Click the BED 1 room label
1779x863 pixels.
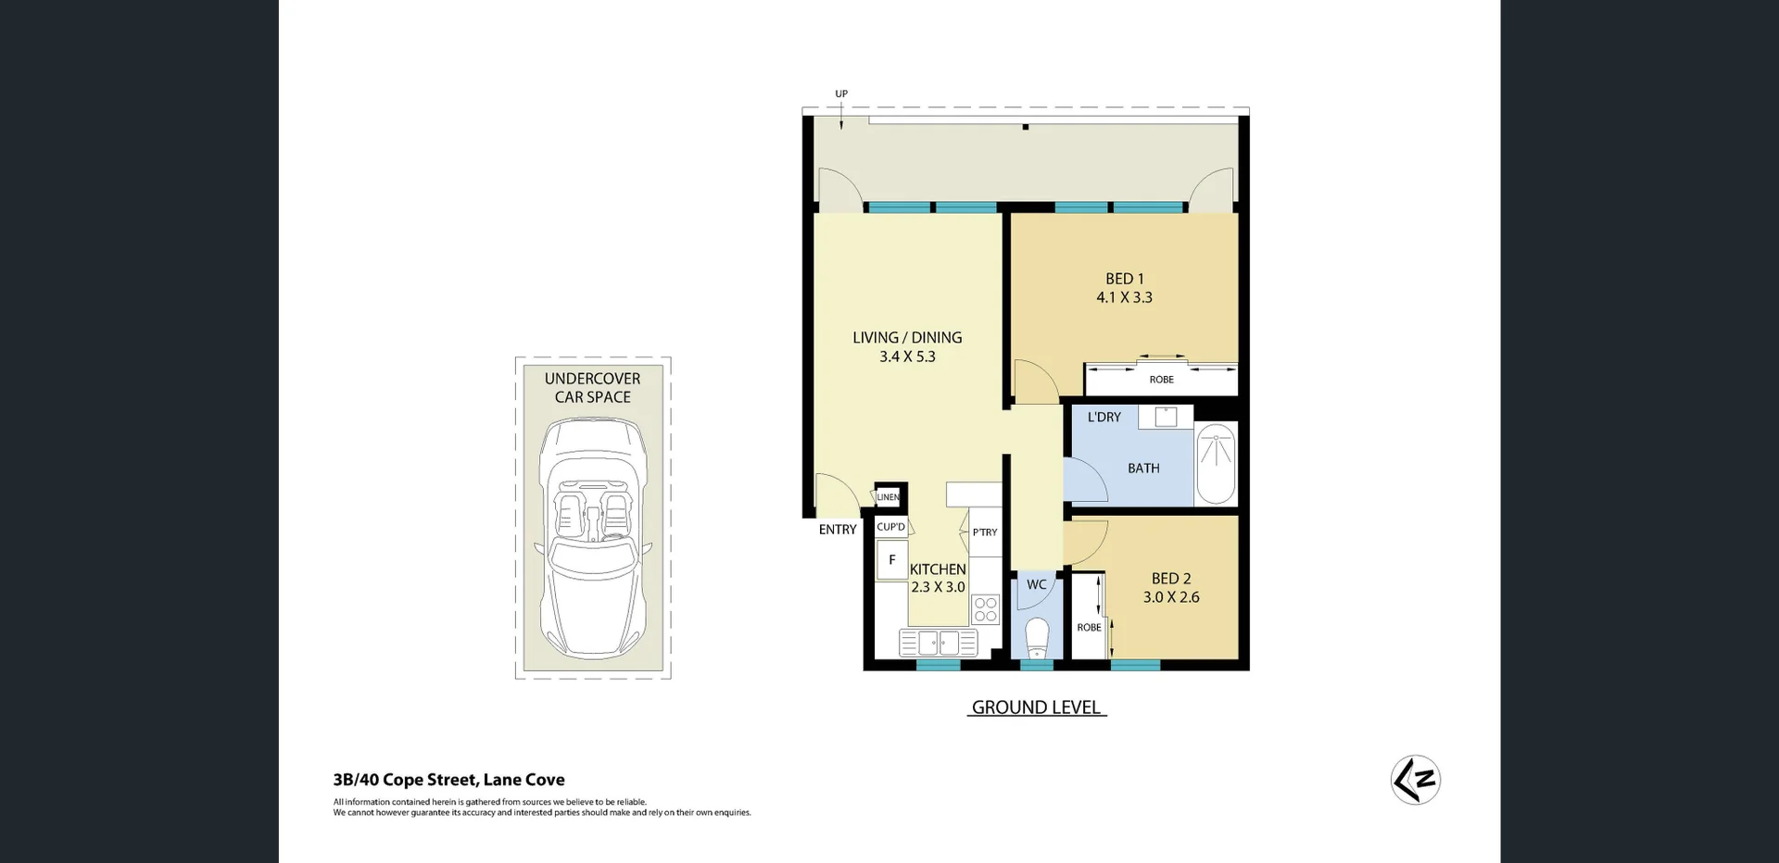pos(1124,279)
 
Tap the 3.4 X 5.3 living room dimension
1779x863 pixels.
pos(907,356)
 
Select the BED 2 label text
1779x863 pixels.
pos(1171,579)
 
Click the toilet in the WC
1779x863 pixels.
pos(1037,637)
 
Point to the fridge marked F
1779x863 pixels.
pos(892,560)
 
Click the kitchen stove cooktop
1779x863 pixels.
pos(986,609)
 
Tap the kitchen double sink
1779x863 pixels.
pos(938,642)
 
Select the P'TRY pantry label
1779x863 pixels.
pos(985,532)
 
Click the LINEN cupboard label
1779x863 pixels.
pos(888,497)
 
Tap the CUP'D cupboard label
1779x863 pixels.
pos(890,527)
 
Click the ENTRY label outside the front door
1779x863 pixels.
pos(838,530)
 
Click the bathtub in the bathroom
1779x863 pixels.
pos(1215,464)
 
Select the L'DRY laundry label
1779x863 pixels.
pos(1104,418)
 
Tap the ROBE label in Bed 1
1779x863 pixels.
pos(1161,380)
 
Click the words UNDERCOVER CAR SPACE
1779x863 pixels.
pos(593,388)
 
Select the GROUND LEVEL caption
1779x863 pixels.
pos(1036,707)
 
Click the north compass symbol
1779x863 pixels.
pos(1415,780)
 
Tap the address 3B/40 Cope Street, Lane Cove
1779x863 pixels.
pos(448,780)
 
